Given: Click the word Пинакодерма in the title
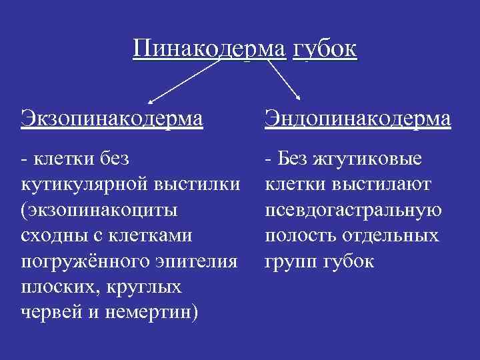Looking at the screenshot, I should point(209,49).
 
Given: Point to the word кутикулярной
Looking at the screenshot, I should point(85,184).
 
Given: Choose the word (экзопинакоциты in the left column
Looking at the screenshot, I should point(99,210).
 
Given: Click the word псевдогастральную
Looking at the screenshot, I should point(353,210).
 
